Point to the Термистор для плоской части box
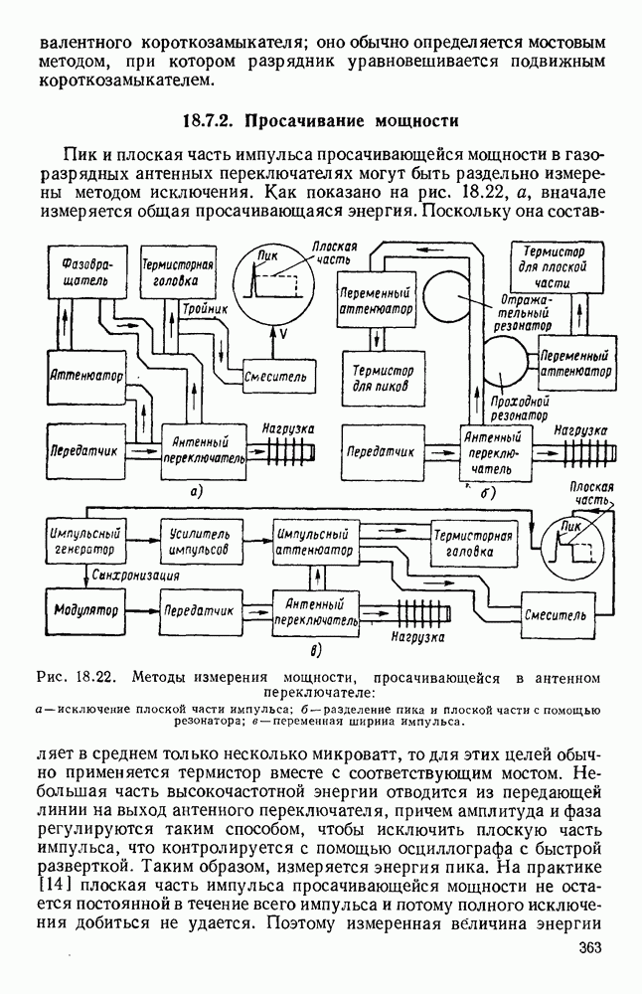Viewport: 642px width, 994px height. coord(554,266)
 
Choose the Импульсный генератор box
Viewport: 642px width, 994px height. coord(83,541)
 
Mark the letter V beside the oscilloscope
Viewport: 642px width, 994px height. coord(282,334)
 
